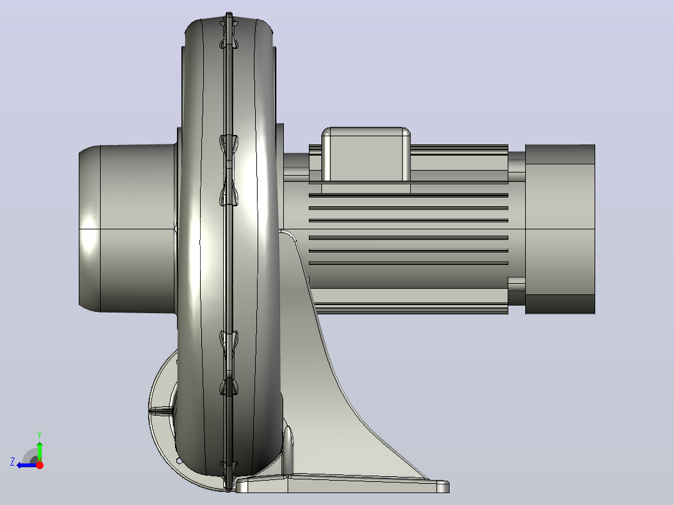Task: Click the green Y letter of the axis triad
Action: click(x=39, y=434)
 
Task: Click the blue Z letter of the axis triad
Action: click(x=13, y=462)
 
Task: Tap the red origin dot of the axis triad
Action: click(x=39, y=465)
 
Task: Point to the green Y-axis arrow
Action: click(x=39, y=451)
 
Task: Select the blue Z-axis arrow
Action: click(x=27, y=465)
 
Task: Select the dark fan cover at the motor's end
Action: click(x=560, y=229)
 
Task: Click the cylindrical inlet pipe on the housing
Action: click(x=128, y=228)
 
